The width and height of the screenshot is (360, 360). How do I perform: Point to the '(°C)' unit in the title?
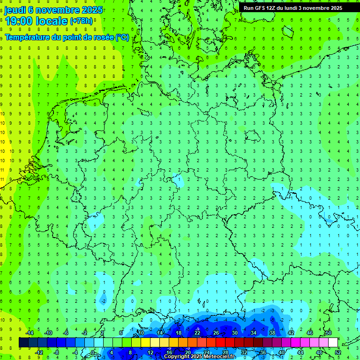point(122,37)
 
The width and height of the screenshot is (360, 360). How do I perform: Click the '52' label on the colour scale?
point(338,352)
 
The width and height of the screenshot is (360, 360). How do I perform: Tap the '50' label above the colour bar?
point(328,333)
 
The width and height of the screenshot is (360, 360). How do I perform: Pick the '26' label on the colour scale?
point(216,333)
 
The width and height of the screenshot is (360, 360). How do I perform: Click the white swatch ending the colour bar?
point(333,343)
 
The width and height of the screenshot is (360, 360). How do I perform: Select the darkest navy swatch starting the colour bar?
point(23,343)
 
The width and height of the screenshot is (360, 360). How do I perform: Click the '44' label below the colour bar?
point(300,352)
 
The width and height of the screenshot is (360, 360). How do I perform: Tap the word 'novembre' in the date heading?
point(57,10)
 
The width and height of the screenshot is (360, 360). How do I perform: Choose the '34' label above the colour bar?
point(254,333)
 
